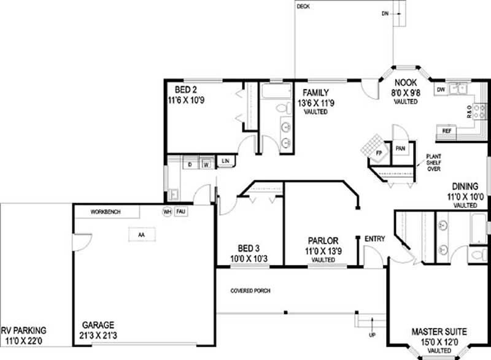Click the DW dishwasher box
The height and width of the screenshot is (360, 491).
pos(440,90)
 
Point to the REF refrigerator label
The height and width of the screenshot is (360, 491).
pos(447,131)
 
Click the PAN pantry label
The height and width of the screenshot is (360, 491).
pos(400,148)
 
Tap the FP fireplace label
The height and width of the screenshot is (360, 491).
pos(379,151)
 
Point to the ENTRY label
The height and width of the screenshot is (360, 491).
pos(374,238)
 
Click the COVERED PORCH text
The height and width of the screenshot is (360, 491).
pos(250,290)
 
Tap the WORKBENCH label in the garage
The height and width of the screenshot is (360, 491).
pos(106,212)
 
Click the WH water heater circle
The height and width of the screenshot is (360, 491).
pos(166,212)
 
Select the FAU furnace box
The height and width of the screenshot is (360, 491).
pos(180,212)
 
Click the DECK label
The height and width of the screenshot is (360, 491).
pos(303,7)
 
